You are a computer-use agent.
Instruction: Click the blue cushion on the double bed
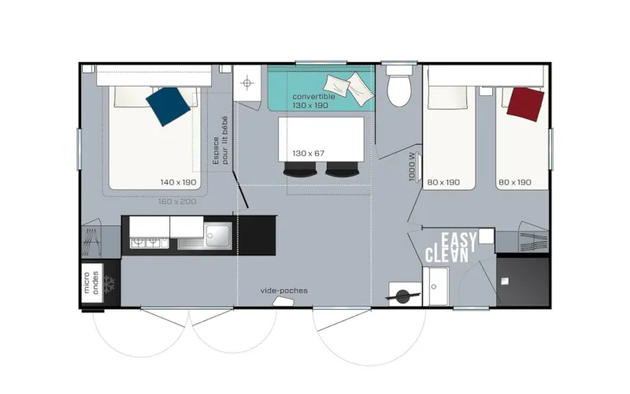[171, 106]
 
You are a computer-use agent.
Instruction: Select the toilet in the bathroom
[399, 88]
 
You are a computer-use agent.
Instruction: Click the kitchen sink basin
[217, 234]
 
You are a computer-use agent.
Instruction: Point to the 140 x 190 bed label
[178, 183]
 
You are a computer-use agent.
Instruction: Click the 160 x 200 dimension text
[176, 201]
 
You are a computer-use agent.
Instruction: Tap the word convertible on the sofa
[313, 96]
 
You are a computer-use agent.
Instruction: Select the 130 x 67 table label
[309, 153]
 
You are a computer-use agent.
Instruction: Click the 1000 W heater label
[413, 167]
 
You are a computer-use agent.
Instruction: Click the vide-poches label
[283, 290]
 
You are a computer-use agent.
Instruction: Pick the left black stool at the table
[298, 169]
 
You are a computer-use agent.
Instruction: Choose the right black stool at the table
[340, 169]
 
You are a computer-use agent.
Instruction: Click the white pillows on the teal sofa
[347, 84]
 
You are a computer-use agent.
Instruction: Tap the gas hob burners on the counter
[146, 243]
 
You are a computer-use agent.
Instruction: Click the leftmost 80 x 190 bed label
[443, 183]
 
